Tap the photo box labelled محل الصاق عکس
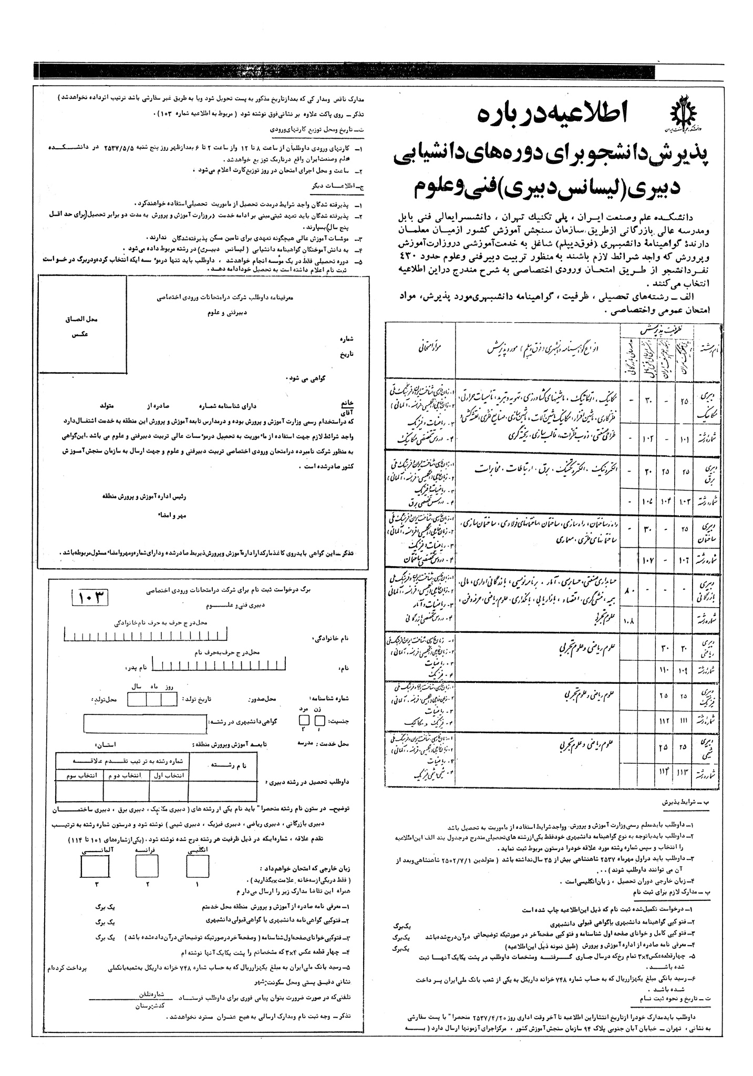tap(82, 326)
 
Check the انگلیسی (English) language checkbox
tap(197, 864)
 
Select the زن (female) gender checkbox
tap(320, 721)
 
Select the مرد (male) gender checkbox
tap(304, 721)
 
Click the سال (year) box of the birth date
tap(137, 700)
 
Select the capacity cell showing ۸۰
tap(628, 591)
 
